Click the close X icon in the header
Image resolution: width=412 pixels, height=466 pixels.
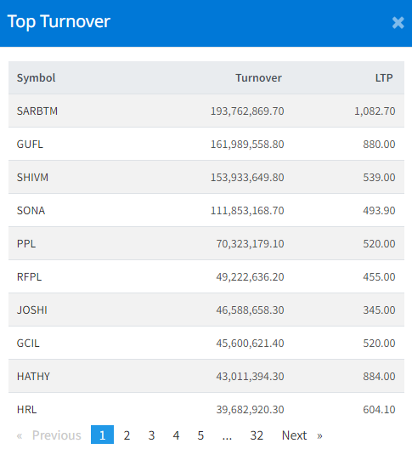pyautogui.click(x=398, y=23)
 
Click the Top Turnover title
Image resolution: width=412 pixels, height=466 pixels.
pyautogui.click(x=59, y=22)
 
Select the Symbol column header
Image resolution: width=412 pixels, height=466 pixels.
pyautogui.click(x=36, y=78)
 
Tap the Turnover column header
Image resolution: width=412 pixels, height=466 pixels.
pyautogui.click(x=258, y=78)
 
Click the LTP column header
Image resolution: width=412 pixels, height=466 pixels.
pyautogui.click(x=384, y=78)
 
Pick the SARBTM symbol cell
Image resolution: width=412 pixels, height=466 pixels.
pyautogui.click(x=37, y=111)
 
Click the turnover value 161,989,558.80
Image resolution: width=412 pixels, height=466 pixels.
pyautogui.click(x=247, y=145)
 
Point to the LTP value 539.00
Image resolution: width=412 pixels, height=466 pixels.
pyautogui.click(x=379, y=178)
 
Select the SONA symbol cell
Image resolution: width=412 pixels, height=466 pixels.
pyautogui.click(x=31, y=211)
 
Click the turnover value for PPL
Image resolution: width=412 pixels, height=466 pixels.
pyautogui.click(x=250, y=244)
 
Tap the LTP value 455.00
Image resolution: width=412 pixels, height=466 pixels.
pyautogui.click(x=379, y=277)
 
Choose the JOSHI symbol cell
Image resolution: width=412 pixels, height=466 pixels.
pyautogui.click(x=32, y=310)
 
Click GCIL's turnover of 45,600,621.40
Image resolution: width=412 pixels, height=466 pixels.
pyautogui.click(x=250, y=344)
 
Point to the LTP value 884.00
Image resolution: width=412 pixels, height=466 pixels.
pyautogui.click(x=379, y=377)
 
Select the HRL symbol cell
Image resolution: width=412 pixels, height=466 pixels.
pyautogui.click(x=26, y=410)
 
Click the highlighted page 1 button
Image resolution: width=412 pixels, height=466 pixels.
pyautogui.click(x=102, y=435)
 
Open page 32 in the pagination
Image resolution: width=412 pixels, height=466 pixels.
pyautogui.click(x=257, y=435)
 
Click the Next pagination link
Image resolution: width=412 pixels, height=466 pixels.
pyautogui.click(x=302, y=435)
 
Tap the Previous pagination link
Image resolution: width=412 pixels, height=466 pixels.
pyautogui.click(x=49, y=435)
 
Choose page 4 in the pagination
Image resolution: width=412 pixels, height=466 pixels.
pyautogui.click(x=176, y=435)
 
